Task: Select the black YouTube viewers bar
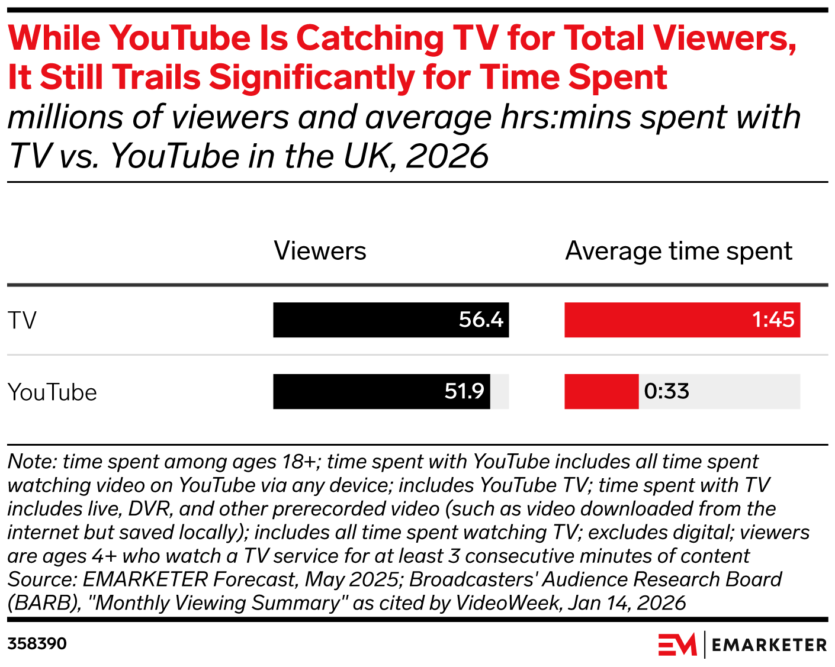click(355, 392)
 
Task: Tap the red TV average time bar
click(651, 320)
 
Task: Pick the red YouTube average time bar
click(601, 392)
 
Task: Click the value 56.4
click(481, 320)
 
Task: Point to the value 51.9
click(464, 392)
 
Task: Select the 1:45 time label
click(773, 320)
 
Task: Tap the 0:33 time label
click(667, 392)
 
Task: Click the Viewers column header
click(320, 252)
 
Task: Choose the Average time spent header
click(679, 252)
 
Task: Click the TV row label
click(23, 321)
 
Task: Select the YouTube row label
click(52, 392)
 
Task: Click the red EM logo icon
click(677, 645)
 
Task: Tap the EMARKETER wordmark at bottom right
click(769, 645)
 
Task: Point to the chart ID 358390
click(37, 644)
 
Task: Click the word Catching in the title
click(370, 38)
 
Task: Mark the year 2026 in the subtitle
click(447, 156)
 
